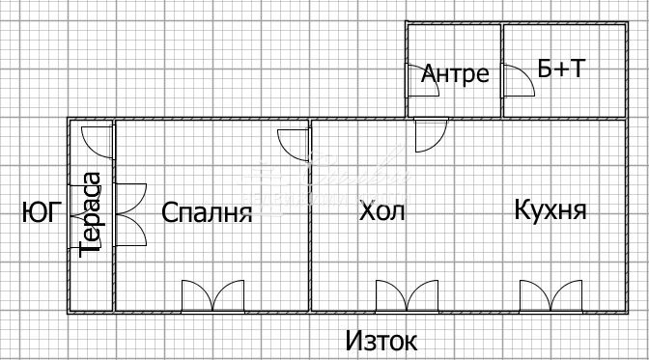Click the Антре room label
pyautogui.click(x=456, y=74)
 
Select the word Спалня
pyautogui.click(x=207, y=212)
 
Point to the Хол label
pyautogui.click(x=382, y=210)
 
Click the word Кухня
pyautogui.click(x=550, y=210)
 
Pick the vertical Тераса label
pyautogui.click(x=92, y=213)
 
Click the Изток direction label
pyautogui.click(x=382, y=341)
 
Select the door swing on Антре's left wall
pyautogui.click(x=423, y=82)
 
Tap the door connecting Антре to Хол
pyautogui.click(x=430, y=135)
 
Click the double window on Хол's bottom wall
pyautogui.click(x=407, y=295)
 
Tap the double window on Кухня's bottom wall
pyautogui.click(x=551, y=295)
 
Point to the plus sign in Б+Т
pyautogui.click(x=561, y=70)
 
